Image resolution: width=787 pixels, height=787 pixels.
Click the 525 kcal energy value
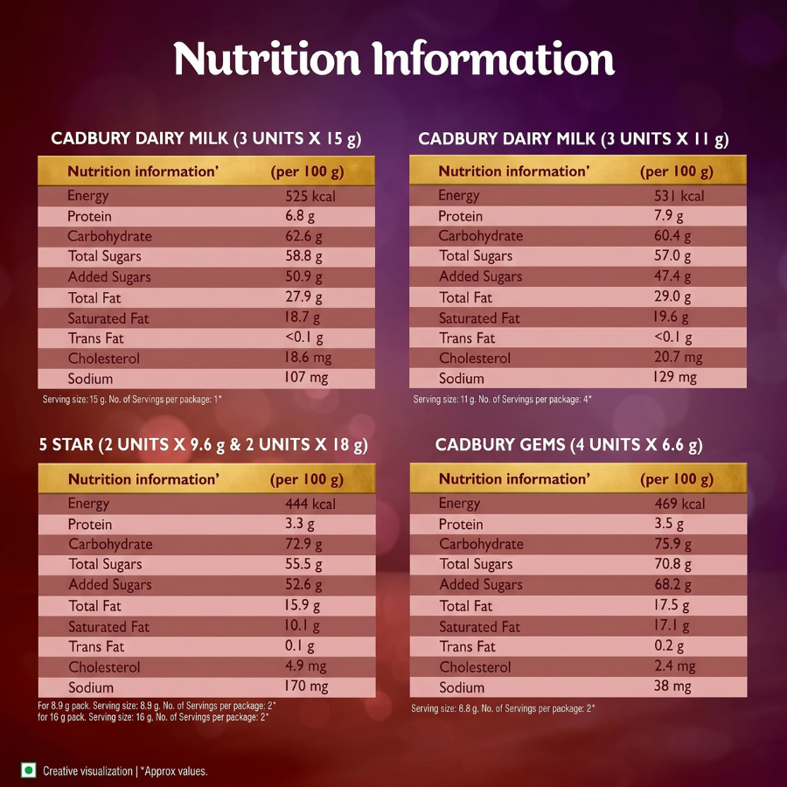click(310, 196)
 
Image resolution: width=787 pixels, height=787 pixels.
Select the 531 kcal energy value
click(679, 196)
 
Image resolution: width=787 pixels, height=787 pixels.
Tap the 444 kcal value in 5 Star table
click(310, 504)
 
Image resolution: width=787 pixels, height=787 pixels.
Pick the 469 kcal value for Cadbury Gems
click(679, 504)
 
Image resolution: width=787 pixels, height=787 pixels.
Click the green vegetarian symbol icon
click(29, 770)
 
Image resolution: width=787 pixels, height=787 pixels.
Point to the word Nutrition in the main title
click(267, 59)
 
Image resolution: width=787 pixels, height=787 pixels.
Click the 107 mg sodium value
click(306, 378)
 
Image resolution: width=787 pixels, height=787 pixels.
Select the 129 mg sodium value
click(675, 377)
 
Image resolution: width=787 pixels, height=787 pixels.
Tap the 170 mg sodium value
click(306, 686)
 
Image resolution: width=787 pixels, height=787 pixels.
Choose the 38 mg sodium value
click(672, 686)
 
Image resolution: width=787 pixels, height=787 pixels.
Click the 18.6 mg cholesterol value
click(308, 358)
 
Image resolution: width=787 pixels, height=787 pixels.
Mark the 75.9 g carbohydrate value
click(672, 544)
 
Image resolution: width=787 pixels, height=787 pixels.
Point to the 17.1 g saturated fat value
click(671, 625)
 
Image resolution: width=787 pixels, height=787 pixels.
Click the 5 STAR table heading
click(203, 445)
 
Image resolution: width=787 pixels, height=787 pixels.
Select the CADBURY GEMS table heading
click(568, 445)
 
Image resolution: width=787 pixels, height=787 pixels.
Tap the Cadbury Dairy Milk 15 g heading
click(206, 139)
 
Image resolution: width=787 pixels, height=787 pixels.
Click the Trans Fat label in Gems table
click(467, 646)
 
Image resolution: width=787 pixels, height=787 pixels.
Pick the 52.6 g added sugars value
click(303, 585)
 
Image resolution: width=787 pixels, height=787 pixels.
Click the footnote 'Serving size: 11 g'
click(503, 400)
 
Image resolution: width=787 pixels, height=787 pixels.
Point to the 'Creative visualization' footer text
click(87, 771)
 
